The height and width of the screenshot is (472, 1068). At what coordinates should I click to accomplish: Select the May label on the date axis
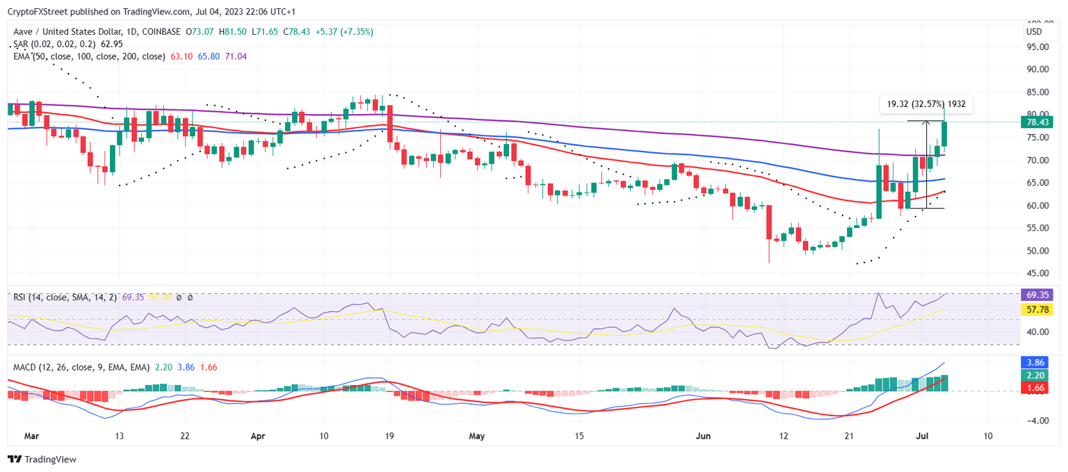point(476,436)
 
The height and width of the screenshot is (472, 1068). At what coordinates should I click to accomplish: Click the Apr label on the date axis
point(258,436)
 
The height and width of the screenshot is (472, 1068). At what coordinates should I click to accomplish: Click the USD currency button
point(1034,32)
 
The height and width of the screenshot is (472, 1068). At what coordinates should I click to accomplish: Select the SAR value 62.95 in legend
point(113,44)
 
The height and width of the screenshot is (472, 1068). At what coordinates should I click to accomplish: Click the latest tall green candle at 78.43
point(944,134)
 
